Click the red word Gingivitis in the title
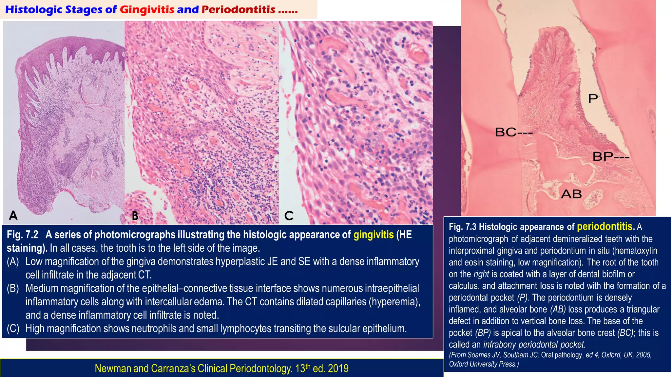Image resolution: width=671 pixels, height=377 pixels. click(147, 9)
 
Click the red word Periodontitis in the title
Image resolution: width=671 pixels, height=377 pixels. click(238, 9)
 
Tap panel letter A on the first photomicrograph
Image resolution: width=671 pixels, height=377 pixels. click(13, 215)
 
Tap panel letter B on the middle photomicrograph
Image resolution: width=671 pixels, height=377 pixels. click(135, 216)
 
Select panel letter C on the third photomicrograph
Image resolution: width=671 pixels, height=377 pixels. click(289, 216)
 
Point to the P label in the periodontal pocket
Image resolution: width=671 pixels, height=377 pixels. click(593, 98)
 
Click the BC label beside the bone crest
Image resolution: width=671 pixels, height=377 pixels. click(506, 132)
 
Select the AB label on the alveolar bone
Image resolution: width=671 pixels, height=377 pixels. click(571, 194)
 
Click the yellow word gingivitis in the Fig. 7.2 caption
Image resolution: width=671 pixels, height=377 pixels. click(374, 235)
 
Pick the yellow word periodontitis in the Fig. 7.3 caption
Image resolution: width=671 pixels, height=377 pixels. click(605, 226)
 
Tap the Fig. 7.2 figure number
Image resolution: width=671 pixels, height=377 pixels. click(22, 235)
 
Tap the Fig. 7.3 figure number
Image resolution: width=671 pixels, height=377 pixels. click(462, 227)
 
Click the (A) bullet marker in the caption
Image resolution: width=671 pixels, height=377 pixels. click(13, 261)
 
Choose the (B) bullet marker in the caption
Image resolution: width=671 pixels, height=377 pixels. click(13, 288)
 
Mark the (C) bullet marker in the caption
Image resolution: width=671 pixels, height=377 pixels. click(13, 328)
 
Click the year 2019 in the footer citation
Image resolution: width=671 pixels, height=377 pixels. click(338, 368)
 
